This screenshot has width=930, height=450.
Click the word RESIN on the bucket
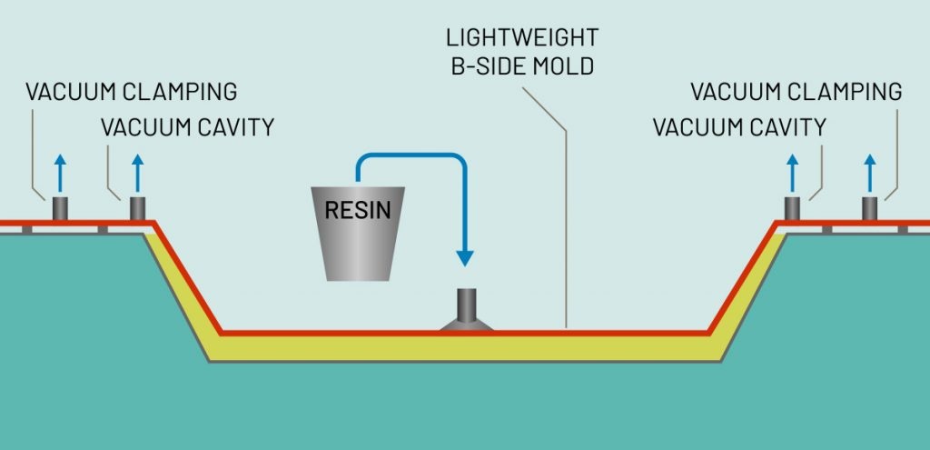358,211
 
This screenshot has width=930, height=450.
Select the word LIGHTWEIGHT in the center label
522,38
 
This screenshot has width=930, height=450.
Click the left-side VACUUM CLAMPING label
131,92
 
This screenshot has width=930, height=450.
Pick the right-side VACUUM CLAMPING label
796,92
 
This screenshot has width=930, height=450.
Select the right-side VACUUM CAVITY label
739,127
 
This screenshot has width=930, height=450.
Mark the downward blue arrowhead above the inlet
466,256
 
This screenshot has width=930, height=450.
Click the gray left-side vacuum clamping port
60,208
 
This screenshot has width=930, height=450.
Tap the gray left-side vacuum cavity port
137,208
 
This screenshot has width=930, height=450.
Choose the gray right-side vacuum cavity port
793,208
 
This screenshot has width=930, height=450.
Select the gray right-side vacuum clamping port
870,208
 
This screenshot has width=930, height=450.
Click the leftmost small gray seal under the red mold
26,229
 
